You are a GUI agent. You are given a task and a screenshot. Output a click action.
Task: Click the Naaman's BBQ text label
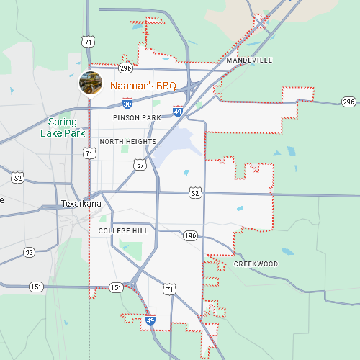click(x=143, y=86)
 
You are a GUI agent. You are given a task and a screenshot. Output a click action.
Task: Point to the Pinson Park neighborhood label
click(x=137, y=117)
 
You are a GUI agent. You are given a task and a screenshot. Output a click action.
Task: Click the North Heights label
click(x=127, y=142)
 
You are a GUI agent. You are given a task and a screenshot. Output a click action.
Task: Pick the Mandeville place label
click(x=249, y=60)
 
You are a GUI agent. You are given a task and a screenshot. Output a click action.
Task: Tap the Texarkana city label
click(x=81, y=204)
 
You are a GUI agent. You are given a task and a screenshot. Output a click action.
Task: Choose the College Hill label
click(x=123, y=230)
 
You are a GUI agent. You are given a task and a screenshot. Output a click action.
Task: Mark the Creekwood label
click(x=256, y=264)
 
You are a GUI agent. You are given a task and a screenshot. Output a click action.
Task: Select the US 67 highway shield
click(x=140, y=165)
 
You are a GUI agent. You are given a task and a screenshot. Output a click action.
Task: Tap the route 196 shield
click(x=190, y=235)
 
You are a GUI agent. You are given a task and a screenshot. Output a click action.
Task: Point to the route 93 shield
click(x=30, y=252)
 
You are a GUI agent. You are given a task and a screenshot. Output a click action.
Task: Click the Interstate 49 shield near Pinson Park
click(x=178, y=112)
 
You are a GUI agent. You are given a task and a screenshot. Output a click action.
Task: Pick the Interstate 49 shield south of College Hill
click(x=150, y=320)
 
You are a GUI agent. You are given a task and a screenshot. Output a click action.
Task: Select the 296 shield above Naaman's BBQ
click(x=125, y=68)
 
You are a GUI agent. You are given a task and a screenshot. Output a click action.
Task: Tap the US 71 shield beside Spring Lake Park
click(x=88, y=153)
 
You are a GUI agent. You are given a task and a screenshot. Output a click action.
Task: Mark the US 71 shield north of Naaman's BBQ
click(x=88, y=42)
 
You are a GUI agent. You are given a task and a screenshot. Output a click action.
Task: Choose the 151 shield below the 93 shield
click(x=37, y=287)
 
